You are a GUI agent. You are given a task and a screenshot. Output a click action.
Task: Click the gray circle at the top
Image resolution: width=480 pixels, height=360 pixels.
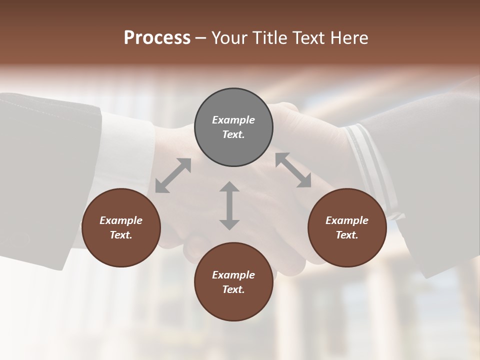coord(233,127)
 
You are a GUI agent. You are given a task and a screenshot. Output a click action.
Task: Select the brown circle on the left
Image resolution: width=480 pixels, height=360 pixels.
coord(121,227)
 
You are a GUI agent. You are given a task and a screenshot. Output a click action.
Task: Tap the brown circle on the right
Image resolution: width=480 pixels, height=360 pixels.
coord(347,227)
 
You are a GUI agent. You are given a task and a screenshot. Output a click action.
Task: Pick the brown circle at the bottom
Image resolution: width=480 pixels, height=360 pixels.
coord(233,282)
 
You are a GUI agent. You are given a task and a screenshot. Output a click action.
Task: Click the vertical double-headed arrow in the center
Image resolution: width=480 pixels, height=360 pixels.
coord(229,205)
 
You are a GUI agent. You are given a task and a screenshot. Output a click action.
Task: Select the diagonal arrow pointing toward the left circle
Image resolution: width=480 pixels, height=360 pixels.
coord(173,175)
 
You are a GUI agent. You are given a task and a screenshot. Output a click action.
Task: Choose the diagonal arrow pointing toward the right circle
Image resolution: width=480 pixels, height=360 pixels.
coord(293,170)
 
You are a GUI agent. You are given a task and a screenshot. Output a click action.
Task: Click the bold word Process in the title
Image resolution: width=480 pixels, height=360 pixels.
coord(157,38)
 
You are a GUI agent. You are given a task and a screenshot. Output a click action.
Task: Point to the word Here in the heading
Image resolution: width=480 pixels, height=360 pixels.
coord(350,38)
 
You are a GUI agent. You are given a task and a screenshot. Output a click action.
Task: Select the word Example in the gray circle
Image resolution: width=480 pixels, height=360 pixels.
coord(233,120)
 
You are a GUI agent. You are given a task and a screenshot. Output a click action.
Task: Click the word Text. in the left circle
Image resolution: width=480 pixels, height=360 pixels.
coord(121,235)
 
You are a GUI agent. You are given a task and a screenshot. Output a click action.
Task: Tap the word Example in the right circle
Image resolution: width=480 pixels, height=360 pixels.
coord(347,220)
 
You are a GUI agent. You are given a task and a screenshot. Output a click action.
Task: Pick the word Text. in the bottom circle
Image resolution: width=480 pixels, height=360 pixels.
coord(233,289)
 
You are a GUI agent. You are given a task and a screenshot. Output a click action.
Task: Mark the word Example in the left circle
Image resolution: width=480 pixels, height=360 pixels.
coord(121,220)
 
